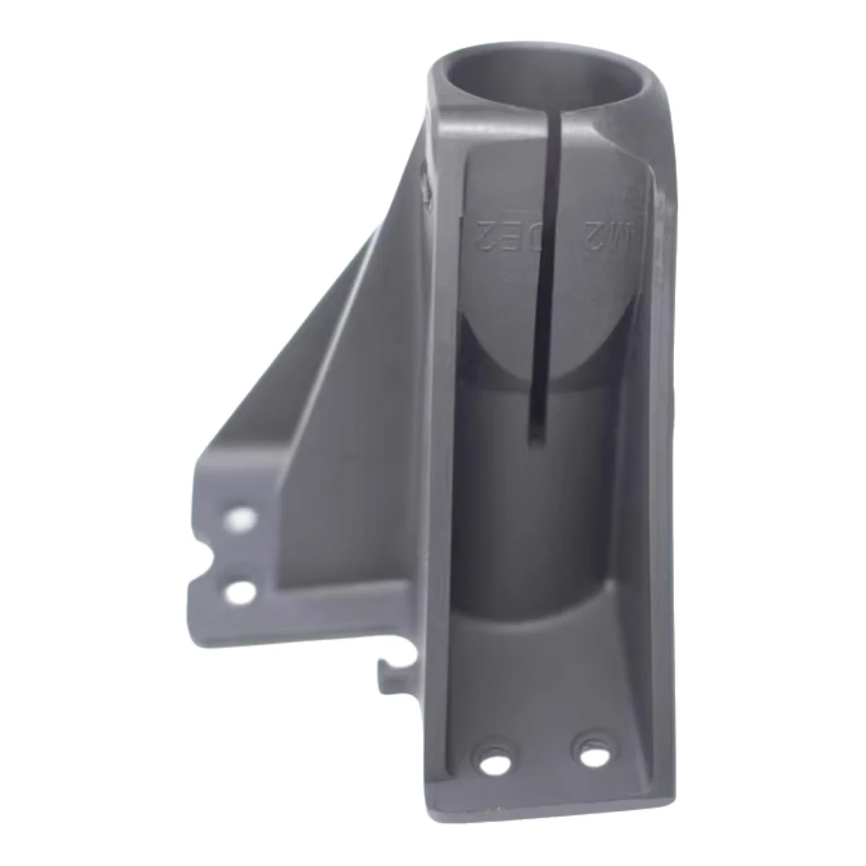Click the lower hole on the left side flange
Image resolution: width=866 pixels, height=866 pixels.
point(240,592)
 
